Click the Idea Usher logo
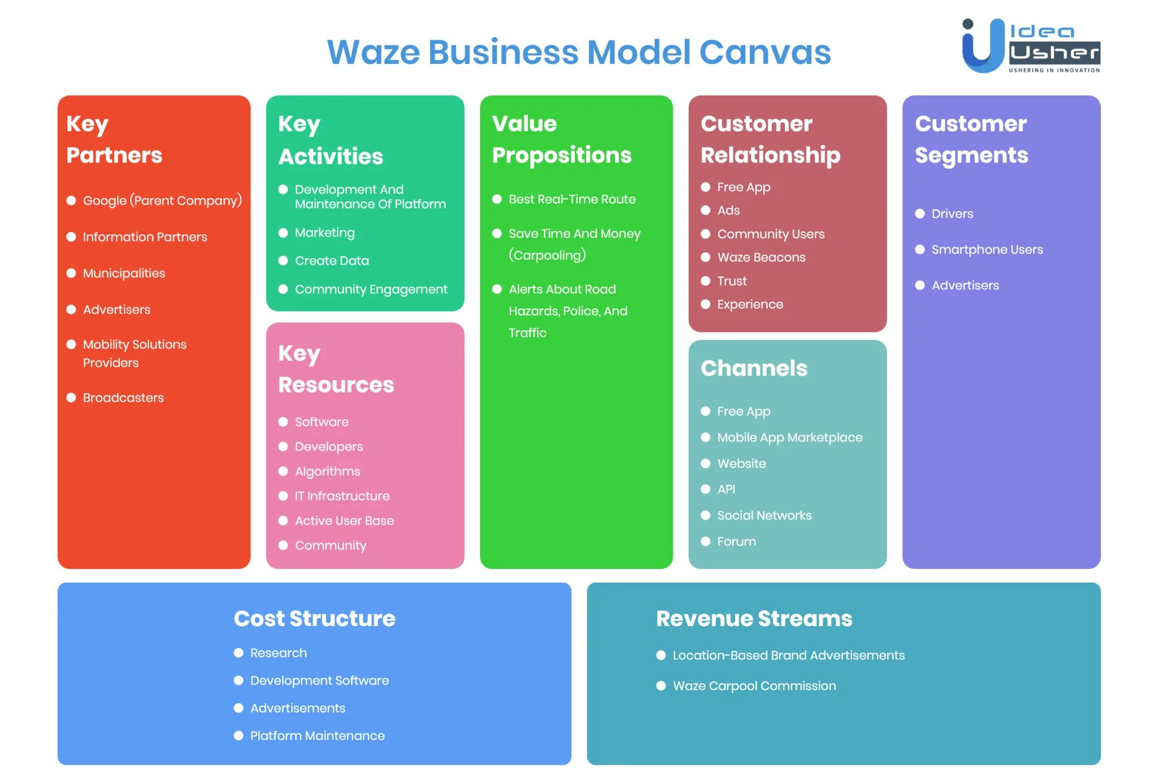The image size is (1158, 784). pyautogui.click(x=1030, y=46)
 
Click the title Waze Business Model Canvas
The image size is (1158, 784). pyautogui.click(x=578, y=52)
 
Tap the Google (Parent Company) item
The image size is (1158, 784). pyautogui.click(x=162, y=201)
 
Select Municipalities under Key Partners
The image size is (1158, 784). pyautogui.click(x=124, y=273)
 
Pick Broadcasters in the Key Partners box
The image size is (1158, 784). pyautogui.click(x=123, y=398)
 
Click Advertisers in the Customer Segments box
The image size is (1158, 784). pyautogui.click(x=965, y=286)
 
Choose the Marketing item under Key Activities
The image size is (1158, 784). pyautogui.click(x=325, y=233)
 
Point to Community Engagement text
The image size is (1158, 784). pyautogui.click(x=371, y=290)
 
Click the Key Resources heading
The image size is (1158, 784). pyautogui.click(x=336, y=369)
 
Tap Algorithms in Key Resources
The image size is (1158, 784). pyautogui.click(x=327, y=471)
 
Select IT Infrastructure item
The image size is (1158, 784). pyautogui.click(x=342, y=496)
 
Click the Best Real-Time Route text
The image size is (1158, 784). pyautogui.click(x=572, y=199)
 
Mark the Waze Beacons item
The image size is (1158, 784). pyautogui.click(x=761, y=257)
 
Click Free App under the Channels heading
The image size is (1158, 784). pyautogui.click(x=744, y=411)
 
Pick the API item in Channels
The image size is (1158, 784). pyautogui.click(x=726, y=489)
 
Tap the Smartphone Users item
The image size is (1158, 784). pyautogui.click(x=987, y=249)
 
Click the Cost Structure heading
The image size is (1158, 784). pyautogui.click(x=314, y=618)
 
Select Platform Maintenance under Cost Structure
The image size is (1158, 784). pyautogui.click(x=317, y=735)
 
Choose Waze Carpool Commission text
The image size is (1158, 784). pyautogui.click(x=754, y=686)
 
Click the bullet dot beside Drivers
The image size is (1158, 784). pyautogui.click(x=920, y=214)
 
